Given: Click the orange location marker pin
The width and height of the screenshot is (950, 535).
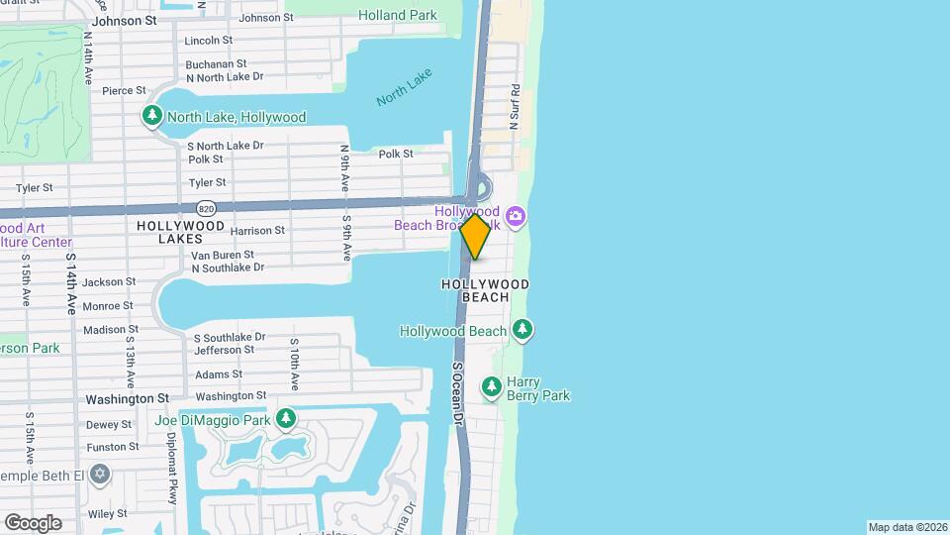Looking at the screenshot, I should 476,236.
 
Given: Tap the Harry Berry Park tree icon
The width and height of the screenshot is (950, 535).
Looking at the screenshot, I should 492,387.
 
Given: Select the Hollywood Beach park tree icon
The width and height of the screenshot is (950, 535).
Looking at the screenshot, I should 522,330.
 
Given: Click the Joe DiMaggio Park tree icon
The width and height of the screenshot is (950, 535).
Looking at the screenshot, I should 286,420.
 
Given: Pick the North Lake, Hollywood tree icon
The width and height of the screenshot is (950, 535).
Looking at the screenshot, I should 151,117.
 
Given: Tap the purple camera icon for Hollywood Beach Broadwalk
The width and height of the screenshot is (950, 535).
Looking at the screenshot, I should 516,216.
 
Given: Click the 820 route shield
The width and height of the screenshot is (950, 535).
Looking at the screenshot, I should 206,208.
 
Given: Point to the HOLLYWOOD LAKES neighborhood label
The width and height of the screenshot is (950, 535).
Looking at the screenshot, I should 181,232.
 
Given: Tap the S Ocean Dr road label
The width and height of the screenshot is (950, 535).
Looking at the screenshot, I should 458,393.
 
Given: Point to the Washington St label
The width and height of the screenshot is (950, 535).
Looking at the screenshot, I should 127,398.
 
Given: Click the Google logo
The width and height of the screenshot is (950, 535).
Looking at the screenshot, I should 33,522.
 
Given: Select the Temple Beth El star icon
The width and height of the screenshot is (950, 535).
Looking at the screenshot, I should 98,475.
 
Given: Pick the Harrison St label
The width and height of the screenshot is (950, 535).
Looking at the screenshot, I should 257,230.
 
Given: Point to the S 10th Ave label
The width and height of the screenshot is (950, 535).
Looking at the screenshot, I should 294,364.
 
